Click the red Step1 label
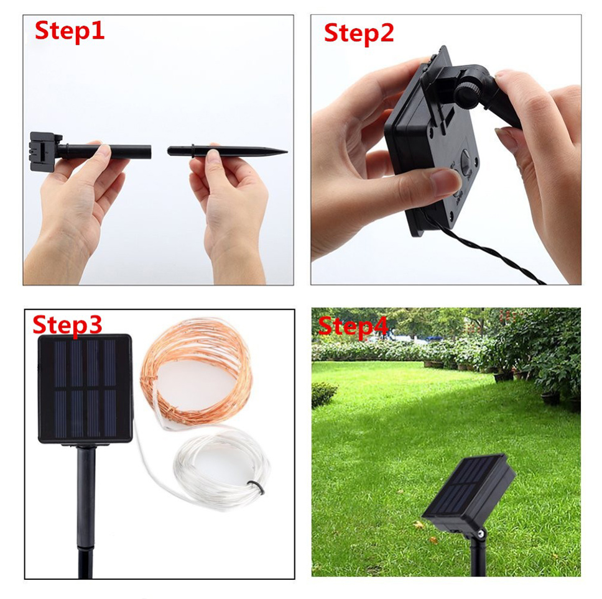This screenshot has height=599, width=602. tap(70, 32)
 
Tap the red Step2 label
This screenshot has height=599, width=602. tap(359, 34)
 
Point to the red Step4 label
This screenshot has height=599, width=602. tap(353, 327)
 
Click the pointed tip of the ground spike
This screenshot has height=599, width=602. tap(287, 152)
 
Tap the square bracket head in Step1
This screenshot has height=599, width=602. tap(45, 152)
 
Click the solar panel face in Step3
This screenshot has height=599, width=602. tap(85, 389)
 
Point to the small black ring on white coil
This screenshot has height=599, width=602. tap(256, 488)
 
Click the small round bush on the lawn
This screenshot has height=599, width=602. tap(323, 394)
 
